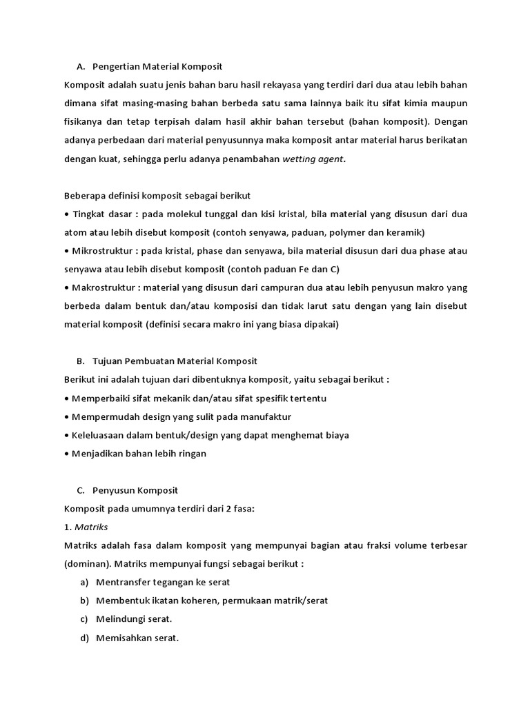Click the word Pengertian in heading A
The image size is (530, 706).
click(115, 67)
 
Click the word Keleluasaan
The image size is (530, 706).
click(100, 435)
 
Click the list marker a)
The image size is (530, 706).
click(84, 583)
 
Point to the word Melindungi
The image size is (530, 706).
click(121, 619)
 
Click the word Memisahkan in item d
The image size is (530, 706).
click(124, 638)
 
